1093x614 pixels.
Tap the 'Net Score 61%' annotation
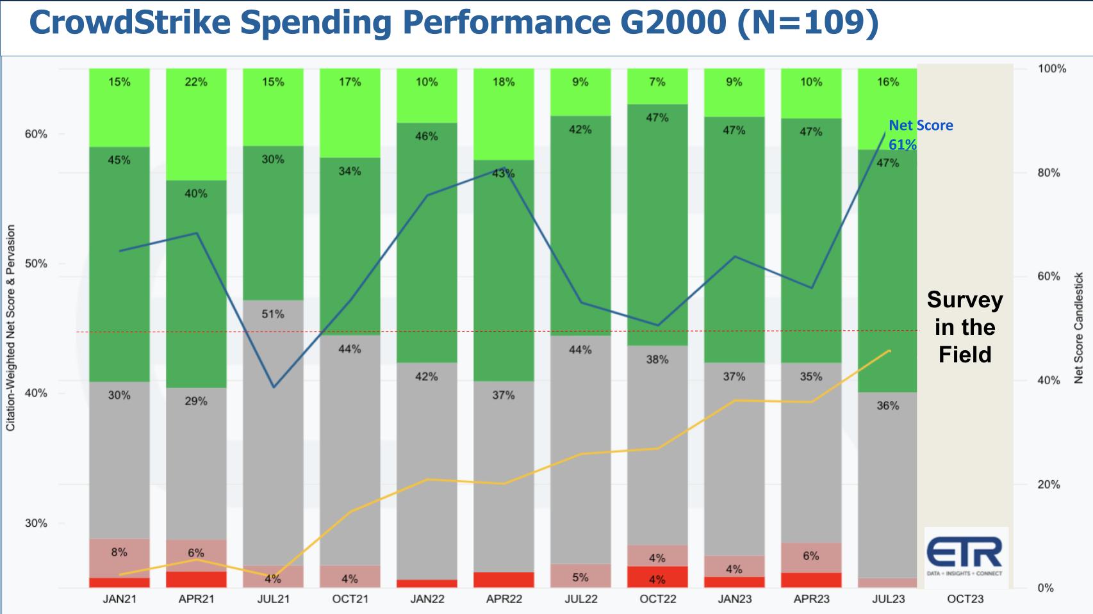[x=920, y=134]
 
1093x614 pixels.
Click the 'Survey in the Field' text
[x=964, y=327]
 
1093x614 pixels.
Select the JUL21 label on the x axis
[x=273, y=599]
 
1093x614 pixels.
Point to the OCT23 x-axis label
[x=965, y=599]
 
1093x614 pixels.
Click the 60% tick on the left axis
[x=36, y=134]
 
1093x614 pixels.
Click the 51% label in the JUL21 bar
[x=273, y=314]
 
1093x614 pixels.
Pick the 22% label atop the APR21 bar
[x=196, y=82]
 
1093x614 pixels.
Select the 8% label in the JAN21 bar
[x=119, y=552]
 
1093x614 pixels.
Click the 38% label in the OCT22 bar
[x=657, y=360]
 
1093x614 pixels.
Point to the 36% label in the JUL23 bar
[x=888, y=406]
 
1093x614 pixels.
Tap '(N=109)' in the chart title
[x=808, y=23]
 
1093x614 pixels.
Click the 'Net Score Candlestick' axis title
[x=1078, y=328]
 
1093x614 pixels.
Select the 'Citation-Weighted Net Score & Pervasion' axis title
[x=11, y=328]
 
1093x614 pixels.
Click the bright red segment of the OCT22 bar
[x=657, y=577]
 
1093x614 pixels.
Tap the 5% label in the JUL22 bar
[x=580, y=578]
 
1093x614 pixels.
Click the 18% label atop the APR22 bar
[x=504, y=82]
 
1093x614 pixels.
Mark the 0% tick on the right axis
[x=1045, y=588]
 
